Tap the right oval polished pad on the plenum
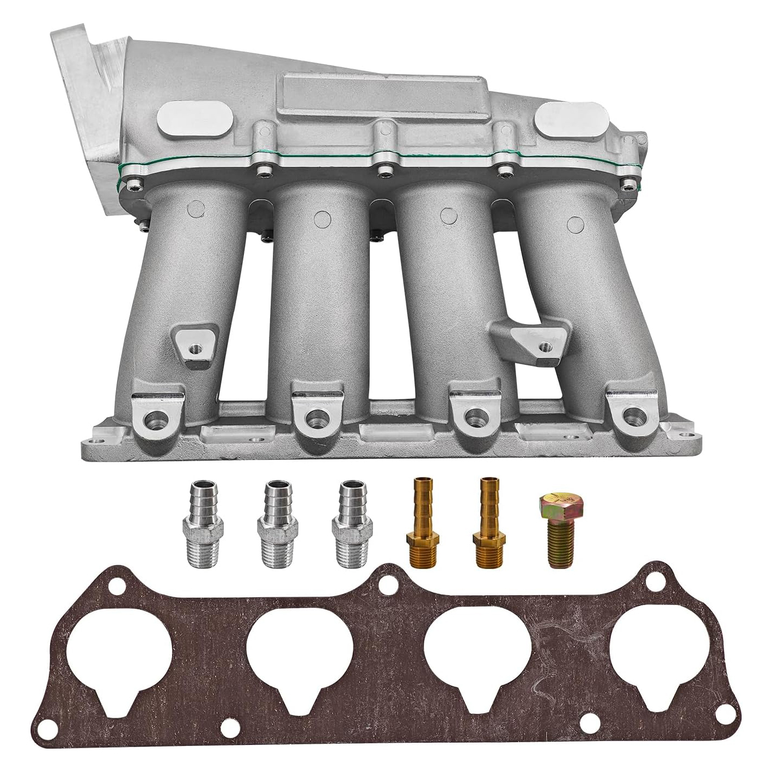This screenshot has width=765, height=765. [570, 121]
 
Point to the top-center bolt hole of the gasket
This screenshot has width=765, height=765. [388, 585]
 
